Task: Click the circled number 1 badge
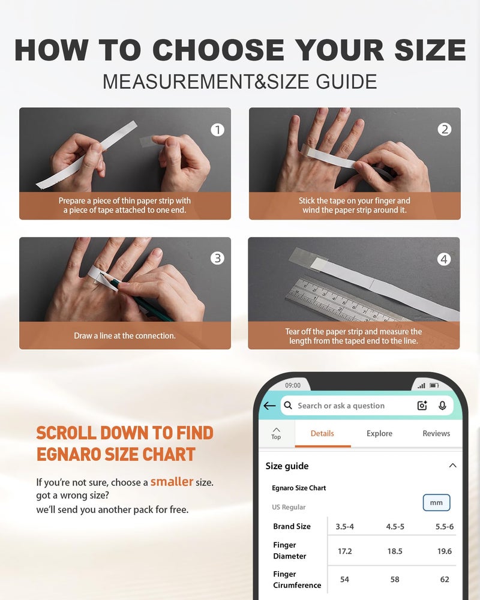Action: coord(217,130)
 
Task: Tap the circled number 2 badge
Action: coord(445,130)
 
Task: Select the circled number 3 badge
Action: coord(217,258)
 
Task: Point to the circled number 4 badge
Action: coord(443,259)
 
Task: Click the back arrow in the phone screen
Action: coord(269,406)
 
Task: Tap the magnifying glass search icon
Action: coord(288,405)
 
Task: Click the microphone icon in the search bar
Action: coord(442,406)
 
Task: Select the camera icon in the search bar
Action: coord(422,406)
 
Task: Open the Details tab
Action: coord(322,433)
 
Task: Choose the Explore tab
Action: coord(379,433)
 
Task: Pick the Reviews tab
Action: coord(436,433)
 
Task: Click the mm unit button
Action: coord(436,502)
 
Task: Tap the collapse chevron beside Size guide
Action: coord(452,466)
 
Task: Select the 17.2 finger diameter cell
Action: coord(344,551)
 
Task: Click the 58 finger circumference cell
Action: coord(395,580)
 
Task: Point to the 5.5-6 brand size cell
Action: coord(445,527)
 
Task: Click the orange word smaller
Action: coord(172,481)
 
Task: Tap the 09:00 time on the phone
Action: coord(293,385)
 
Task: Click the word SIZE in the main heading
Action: coord(430,50)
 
